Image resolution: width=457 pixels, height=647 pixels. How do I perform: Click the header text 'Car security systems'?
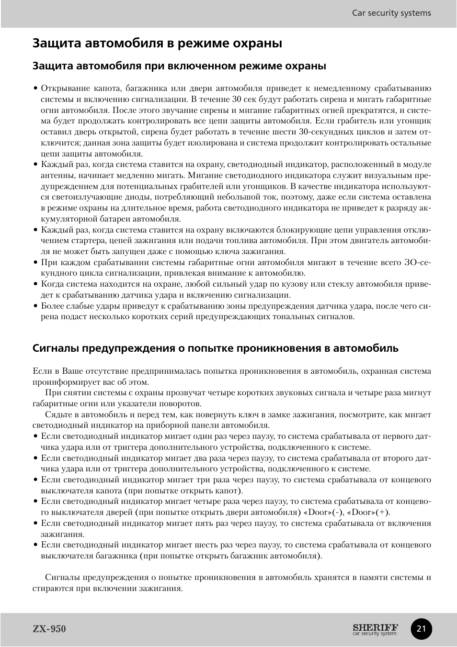(391, 13)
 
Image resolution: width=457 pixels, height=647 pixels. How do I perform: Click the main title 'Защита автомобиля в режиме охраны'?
(157, 43)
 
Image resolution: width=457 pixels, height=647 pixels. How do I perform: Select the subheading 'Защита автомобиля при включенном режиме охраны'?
(179, 66)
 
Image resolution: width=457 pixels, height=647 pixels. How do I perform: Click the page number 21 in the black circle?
(421, 629)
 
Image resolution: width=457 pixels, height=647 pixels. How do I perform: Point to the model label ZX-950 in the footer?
(49, 629)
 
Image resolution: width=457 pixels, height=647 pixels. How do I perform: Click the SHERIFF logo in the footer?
(375, 627)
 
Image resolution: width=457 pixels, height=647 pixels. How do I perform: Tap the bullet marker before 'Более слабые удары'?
(35, 306)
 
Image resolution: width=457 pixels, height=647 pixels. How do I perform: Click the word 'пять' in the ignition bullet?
(206, 524)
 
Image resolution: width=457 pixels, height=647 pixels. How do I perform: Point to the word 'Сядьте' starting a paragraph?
(58, 415)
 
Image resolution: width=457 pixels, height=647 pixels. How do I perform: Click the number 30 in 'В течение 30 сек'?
(237, 99)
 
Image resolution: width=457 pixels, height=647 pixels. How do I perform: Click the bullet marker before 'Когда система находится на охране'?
(35, 284)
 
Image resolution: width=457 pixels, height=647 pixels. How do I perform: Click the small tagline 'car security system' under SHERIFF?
(375, 634)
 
